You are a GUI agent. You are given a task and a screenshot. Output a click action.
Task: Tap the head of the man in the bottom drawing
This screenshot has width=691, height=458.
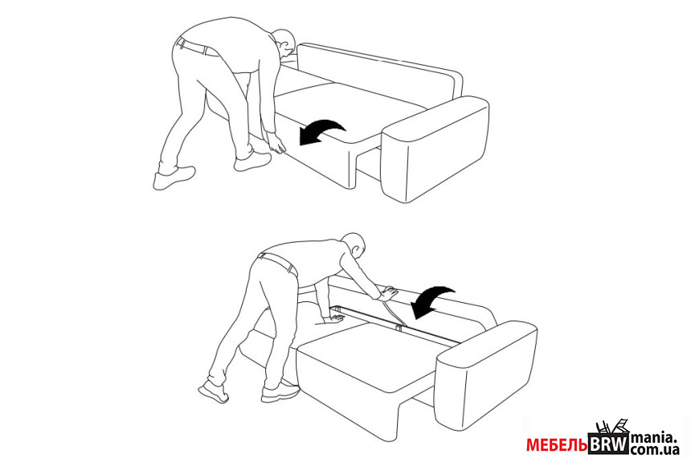click(355, 245)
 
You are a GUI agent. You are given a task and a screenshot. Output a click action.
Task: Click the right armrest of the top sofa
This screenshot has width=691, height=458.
click(435, 149)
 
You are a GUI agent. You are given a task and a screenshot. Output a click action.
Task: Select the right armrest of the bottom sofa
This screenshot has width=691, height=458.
click(486, 374)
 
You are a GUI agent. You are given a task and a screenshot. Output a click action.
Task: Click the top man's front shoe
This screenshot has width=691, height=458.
click(252, 162)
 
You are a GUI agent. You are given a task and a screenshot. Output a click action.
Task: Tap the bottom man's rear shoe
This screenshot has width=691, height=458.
click(214, 392)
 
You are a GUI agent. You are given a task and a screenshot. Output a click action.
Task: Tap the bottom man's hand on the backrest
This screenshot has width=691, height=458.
click(388, 293)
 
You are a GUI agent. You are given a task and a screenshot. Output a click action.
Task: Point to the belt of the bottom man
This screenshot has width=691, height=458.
click(279, 264)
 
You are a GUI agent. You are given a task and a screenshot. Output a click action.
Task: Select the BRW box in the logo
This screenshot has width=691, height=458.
click(608, 444)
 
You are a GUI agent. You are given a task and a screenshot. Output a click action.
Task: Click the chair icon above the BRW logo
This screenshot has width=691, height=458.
click(612, 427)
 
